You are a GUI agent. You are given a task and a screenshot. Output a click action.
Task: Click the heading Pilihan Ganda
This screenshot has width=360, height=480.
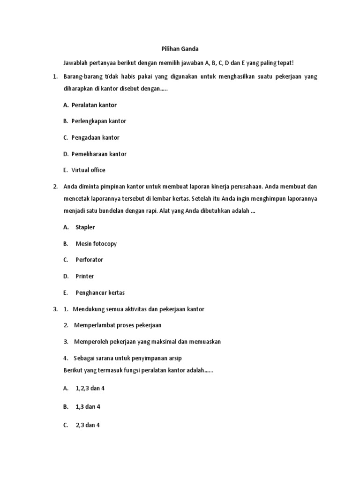180,48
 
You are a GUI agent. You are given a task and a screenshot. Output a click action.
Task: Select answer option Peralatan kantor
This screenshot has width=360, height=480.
94,105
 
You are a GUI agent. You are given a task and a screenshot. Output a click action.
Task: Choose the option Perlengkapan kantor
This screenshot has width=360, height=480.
99,121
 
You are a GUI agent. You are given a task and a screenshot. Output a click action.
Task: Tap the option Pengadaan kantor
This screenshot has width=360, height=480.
96,137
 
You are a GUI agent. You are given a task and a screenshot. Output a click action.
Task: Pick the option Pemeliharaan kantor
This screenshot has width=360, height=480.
99,154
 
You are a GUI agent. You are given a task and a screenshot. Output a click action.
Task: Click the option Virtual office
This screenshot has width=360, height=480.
89,170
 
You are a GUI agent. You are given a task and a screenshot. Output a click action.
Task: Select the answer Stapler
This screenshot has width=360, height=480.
85,227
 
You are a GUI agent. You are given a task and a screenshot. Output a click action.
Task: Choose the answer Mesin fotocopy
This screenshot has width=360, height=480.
96,244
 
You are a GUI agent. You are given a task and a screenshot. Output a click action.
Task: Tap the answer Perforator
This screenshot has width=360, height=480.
89,260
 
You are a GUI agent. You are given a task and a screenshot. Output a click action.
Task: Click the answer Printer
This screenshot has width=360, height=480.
85,276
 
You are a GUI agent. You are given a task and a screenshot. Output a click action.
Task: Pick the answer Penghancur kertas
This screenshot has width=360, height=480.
100,292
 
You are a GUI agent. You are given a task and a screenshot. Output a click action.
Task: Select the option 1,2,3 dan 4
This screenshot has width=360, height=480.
90,389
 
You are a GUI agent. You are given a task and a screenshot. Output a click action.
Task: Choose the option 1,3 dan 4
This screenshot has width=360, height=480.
88,407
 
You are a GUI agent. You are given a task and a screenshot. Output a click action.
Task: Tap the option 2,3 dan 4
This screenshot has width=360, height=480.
88,425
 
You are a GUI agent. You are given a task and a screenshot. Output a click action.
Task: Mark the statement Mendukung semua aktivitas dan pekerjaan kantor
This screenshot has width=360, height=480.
139,309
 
